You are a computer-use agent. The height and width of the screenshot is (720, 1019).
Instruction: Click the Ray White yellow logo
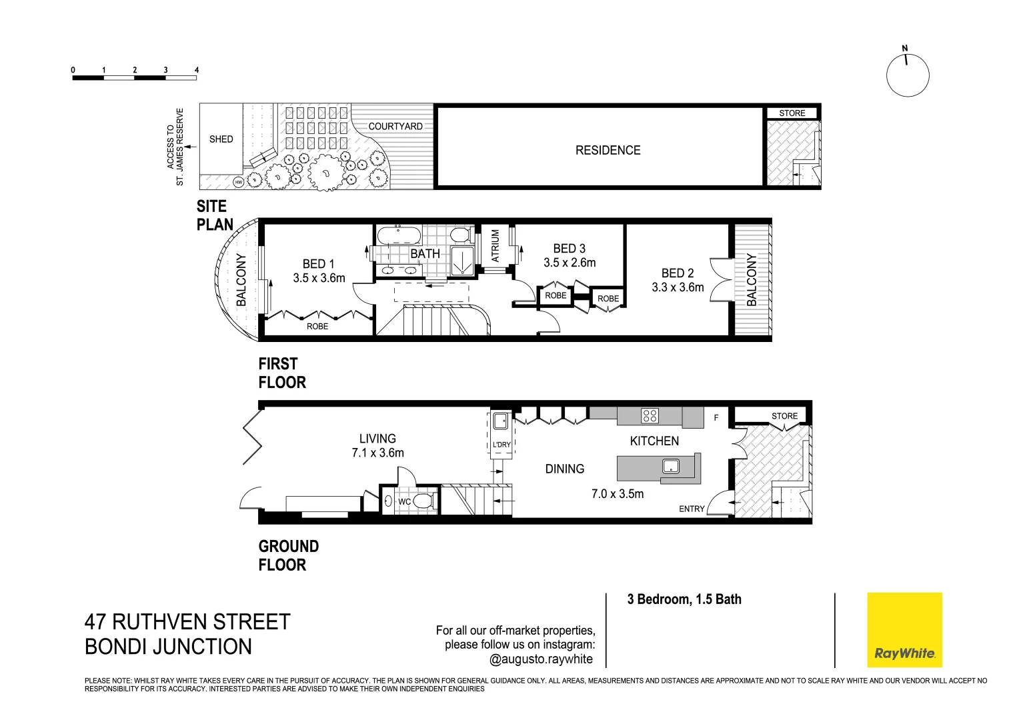[904, 629]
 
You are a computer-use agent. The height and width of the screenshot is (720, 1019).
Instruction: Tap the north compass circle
[907, 75]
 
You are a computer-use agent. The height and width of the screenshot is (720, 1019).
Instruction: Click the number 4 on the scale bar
[196, 70]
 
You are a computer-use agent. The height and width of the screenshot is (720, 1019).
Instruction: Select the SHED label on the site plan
[221, 139]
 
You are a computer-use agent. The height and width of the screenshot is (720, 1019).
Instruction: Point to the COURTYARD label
[395, 126]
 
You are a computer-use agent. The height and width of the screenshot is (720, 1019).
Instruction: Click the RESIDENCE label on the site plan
[608, 151]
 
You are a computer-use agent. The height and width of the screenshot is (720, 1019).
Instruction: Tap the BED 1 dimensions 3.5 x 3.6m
[319, 278]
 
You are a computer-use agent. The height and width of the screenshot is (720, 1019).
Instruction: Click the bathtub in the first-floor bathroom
[398, 235]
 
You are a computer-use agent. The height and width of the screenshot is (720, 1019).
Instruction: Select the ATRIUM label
[495, 245]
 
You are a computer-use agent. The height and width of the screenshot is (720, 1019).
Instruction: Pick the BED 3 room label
[569, 249]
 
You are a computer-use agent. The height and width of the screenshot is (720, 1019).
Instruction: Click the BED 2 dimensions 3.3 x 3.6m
[678, 287]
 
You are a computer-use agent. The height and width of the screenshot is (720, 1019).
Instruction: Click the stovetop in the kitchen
[650, 416]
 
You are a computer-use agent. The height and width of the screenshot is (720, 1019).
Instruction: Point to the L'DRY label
[501, 445]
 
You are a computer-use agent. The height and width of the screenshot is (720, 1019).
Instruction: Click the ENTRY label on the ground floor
[692, 509]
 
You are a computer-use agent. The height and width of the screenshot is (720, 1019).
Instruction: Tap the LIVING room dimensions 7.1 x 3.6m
[377, 453]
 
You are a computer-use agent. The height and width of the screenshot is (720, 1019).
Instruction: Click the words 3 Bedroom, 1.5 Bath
[684, 599]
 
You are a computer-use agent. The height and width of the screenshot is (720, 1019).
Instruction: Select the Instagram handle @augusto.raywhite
[541, 659]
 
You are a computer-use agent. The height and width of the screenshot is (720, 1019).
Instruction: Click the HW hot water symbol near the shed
[238, 182]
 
